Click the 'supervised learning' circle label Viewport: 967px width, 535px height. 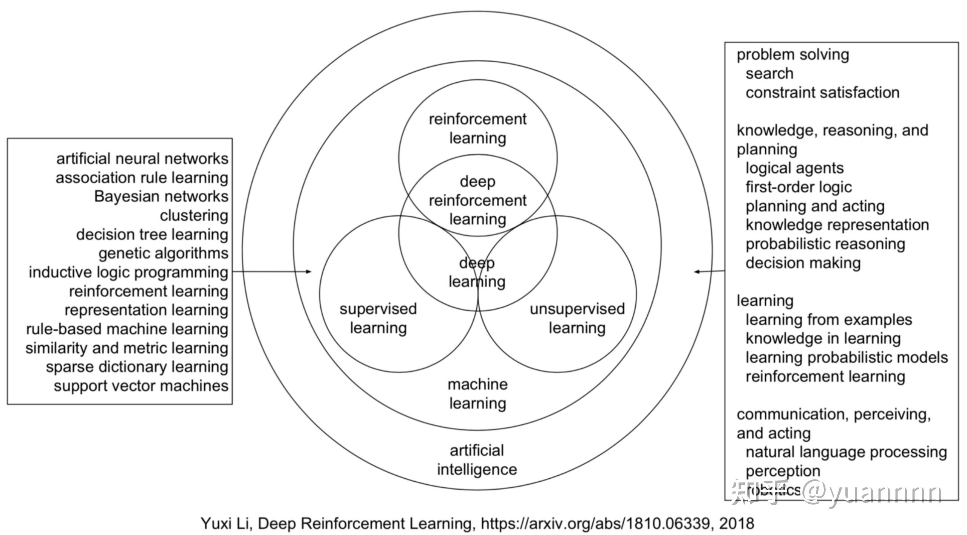[x=378, y=319]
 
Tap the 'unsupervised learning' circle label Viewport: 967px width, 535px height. [x=577, y=319]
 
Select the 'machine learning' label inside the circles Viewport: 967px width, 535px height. [x=477, y=394]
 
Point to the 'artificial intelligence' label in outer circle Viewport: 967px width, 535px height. [x=477, y=460]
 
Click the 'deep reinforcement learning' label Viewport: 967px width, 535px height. [x=477, y=200]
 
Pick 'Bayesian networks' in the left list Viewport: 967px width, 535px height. [x=161, y=196]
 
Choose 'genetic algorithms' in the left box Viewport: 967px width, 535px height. [x=164, y=253]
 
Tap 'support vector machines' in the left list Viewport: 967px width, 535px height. [x=141, y=386]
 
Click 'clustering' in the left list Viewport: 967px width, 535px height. [x=194, y=215]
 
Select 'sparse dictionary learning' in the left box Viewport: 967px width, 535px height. [x=137, y=367]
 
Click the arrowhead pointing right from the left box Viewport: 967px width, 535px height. [x=309, y=271]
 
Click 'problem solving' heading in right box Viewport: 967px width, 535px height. [x=793, y=55]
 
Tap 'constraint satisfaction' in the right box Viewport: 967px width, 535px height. [x=822, y=93]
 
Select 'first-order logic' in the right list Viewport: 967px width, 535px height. [x=799, y=187]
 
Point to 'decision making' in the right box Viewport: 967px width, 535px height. [x=803, y=263]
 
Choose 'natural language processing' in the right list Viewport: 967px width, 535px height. [x=846, y=452]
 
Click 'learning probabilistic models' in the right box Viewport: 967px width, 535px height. [x=847, y=357]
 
